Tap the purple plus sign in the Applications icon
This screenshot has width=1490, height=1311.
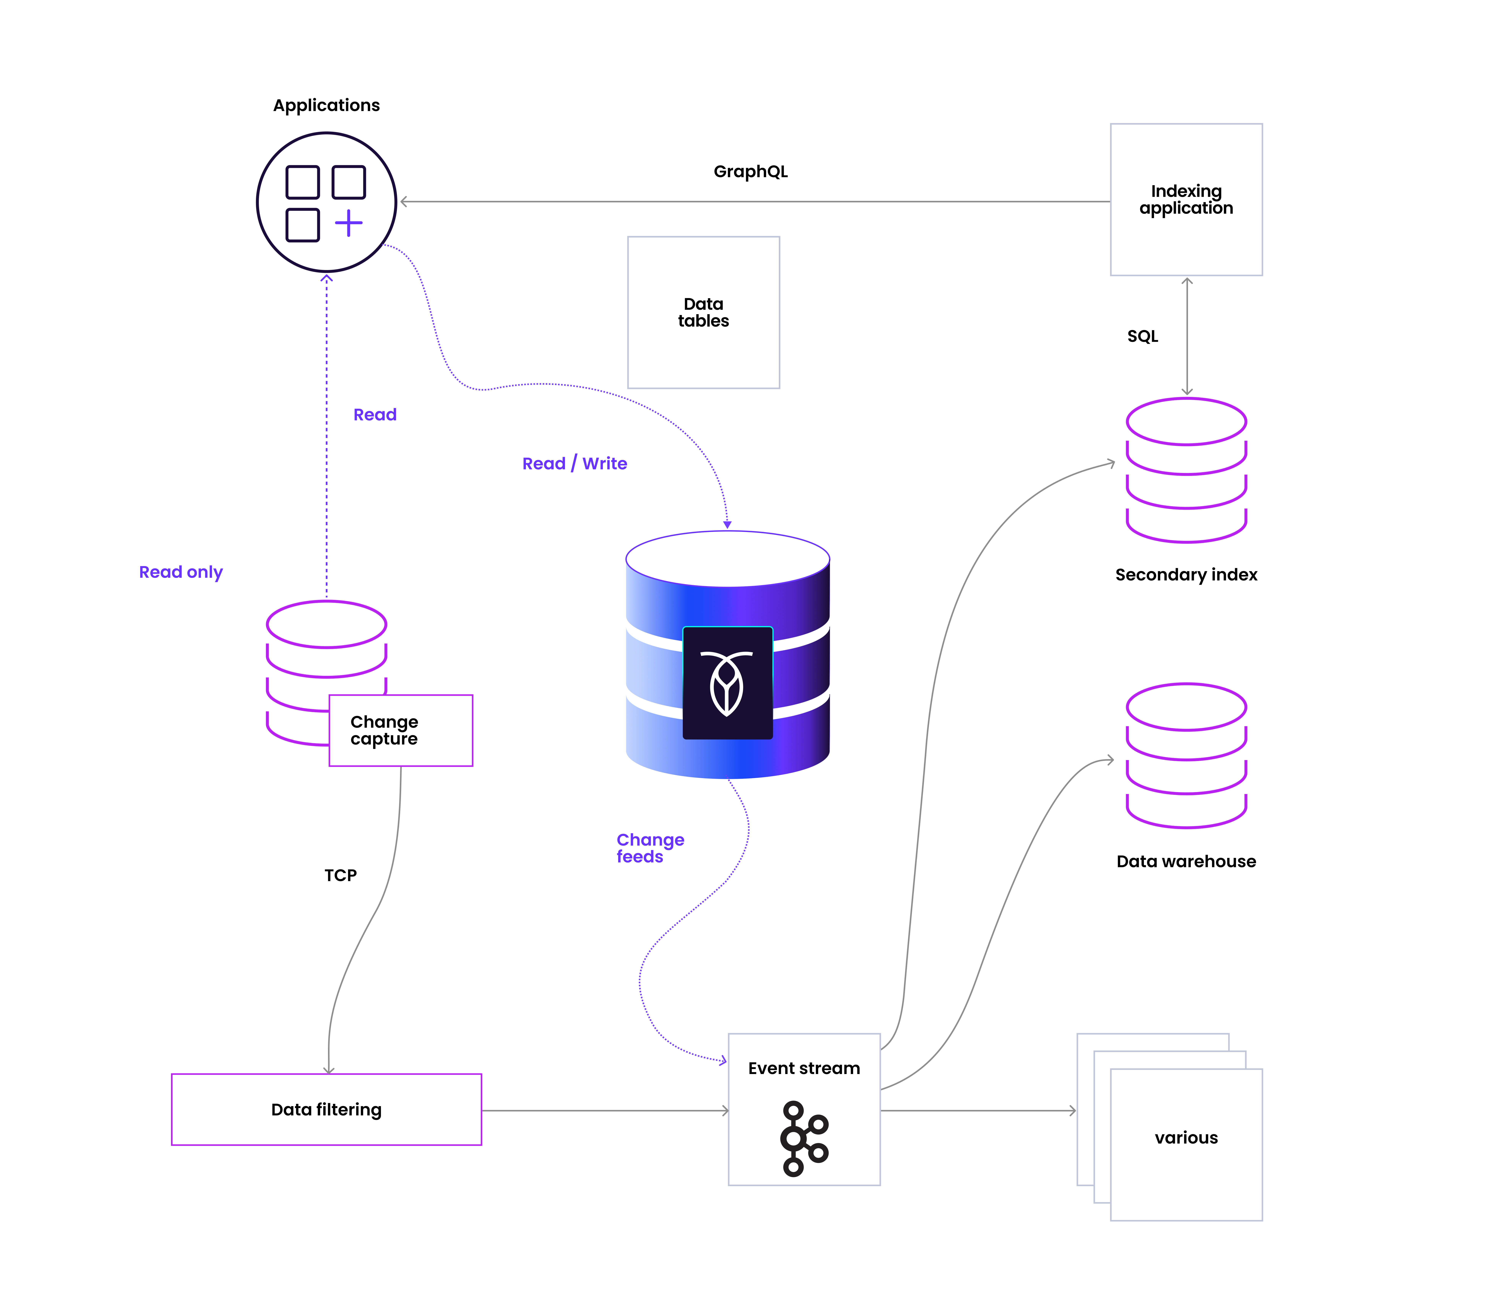[x=348, y=223]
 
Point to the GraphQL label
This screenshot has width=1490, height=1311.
[x=750, y=171]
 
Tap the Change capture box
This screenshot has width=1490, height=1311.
[x=400, y=730]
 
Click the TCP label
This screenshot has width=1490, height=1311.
[x=340, y=875]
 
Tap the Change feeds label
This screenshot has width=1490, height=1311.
[x=649, y=848]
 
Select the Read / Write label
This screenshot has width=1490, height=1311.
[x=574, y=464]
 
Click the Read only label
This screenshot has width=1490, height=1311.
[x=181, y=572]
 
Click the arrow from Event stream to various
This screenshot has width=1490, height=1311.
[x=977, y=1111]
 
